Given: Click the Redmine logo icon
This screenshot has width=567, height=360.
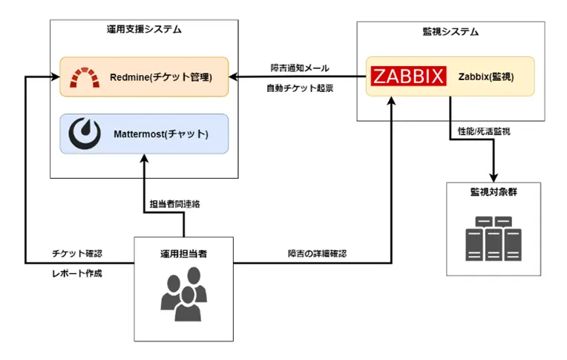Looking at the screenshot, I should (85, 77).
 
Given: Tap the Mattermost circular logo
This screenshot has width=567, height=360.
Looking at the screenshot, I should (85, 134).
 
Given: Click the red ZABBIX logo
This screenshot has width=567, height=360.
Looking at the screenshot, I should (409, 76).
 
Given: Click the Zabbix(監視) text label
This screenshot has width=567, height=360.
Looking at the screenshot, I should (486, 76).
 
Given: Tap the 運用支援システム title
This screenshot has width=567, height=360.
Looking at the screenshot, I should (144, 30).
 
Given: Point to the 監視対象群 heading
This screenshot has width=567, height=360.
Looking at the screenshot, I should (494, 192).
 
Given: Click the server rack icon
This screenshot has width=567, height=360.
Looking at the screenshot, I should (493, 237).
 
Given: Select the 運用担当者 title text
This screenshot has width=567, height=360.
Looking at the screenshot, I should (183, 253).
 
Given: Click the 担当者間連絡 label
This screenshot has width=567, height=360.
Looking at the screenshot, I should (174, 205).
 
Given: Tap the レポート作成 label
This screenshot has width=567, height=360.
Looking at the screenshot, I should (76, 273).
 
